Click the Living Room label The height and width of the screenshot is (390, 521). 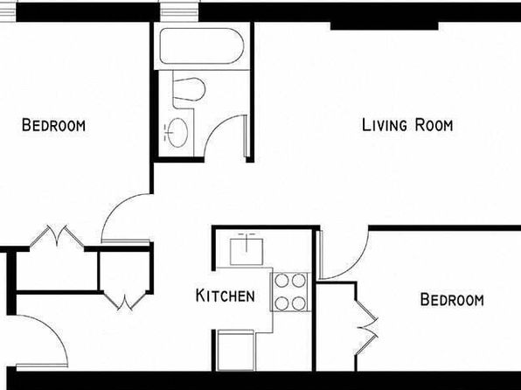click(x=407, y=125)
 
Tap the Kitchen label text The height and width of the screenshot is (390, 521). click(x=226, y=296)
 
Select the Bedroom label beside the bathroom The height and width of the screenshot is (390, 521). click(x=53, y=125)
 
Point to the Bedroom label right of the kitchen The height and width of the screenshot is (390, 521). click(x=452, y=299)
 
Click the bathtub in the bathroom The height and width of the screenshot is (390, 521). click(x=202, y=45)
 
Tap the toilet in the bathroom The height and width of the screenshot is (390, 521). click(x=189, y=89)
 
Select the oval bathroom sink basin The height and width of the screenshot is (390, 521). click(x=177, y=133)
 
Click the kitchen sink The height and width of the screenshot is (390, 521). click(x=247, y=251)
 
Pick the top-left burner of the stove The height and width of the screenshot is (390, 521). click(x=281, y=281)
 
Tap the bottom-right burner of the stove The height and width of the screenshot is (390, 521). click(x=299, y=303)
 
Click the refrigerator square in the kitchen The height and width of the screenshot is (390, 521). click(x=235, y=350)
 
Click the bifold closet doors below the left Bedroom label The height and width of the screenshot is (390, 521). click(x=57, y=235)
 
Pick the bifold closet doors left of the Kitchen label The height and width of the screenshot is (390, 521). click(x=125, y=301)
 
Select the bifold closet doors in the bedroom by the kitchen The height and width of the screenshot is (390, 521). click(x=366, y=328)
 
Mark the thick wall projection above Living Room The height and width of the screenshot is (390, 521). click(x=385, y=26)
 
